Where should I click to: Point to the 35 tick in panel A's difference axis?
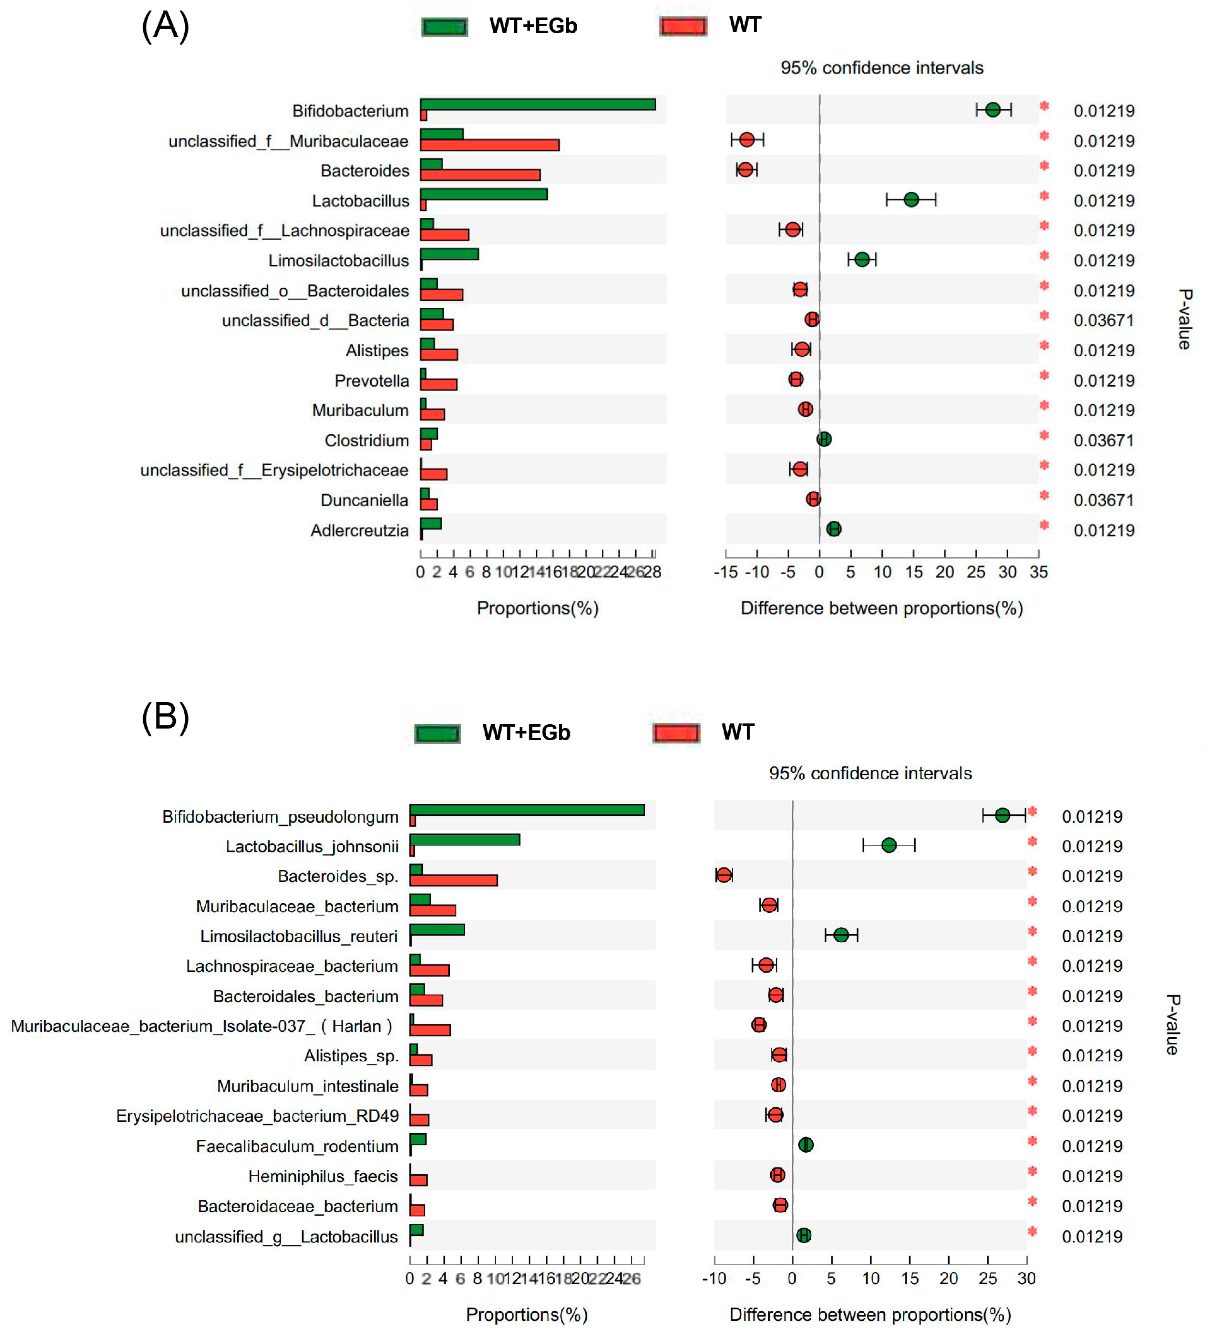click(1038, 572)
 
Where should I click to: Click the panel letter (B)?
click(165, 717)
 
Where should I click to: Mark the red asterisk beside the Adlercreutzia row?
click(1044, 526)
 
